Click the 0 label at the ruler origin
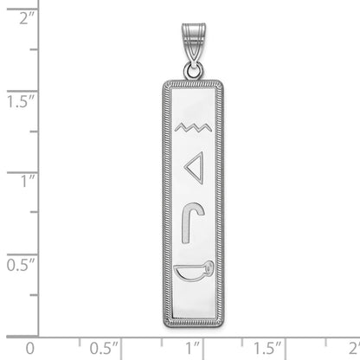click(x=30, y=347)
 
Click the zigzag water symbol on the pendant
click(x=192, y=130)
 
